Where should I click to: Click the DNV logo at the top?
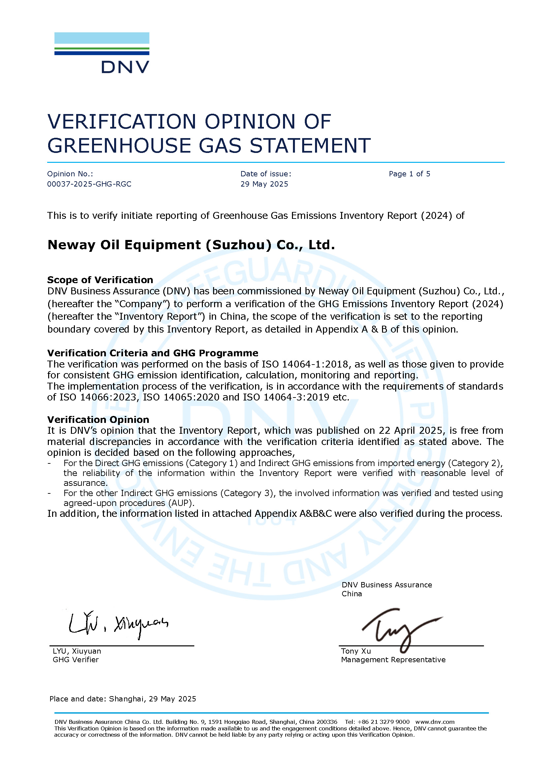click(102, 52)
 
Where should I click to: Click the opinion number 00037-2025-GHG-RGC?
click(89, 184)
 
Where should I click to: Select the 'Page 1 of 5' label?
click(409, 174)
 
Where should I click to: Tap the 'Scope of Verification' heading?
click(100, 280)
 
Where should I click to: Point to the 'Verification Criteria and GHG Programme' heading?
click(152, 353)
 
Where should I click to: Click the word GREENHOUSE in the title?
click(119, 146)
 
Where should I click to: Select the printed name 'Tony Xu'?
click(356, 651)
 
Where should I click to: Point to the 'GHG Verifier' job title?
click(76, 660)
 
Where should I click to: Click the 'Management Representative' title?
click(393, 660)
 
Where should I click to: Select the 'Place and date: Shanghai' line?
click(122, 699)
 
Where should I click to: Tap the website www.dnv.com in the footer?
click(435, 722)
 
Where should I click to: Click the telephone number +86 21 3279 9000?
click(383, 722)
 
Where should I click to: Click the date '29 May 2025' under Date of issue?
click(264, 184)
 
